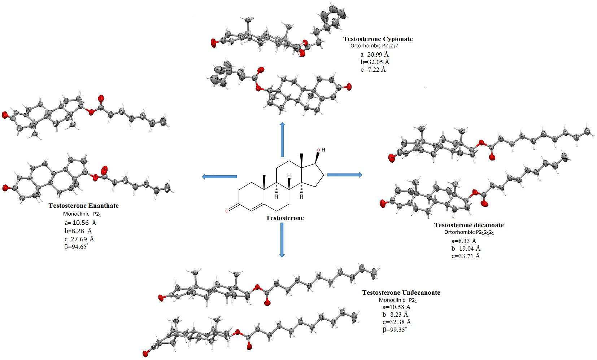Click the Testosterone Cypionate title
(x=378, y=39)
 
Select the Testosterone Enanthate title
(x=83, y=206)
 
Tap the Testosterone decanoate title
(x=469, y=225)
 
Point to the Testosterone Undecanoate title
(x=401, y=293)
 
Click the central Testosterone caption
(x=285, y=218)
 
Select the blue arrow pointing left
(x=219, y=176)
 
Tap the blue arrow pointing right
(x=345, y=175)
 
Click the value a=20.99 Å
(x=375, y=54)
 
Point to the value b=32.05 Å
(x=375, y=62)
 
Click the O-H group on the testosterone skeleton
(x=321, y=150)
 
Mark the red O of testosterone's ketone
(x=226, y=211)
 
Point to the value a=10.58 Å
(x=397, y=307)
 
